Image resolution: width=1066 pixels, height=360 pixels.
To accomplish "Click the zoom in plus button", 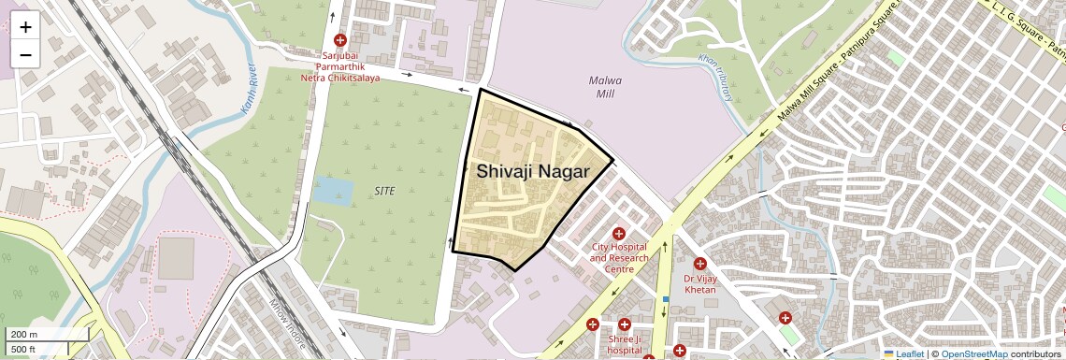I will (25, 26).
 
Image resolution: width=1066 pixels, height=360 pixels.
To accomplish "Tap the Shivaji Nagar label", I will (533, 172).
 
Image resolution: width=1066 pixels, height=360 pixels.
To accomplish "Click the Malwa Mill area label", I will (605, 87).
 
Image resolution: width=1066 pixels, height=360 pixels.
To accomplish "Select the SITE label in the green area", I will (383, 191).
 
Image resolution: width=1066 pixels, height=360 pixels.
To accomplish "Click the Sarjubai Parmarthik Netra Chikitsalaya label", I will (340, 67).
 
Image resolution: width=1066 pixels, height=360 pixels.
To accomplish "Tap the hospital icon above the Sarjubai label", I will (340, 40).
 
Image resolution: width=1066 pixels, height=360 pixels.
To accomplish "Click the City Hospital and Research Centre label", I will (619, 258).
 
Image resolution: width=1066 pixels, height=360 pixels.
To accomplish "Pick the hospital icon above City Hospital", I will (618, 233).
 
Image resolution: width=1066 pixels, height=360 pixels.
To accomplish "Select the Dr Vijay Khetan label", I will (699, 284).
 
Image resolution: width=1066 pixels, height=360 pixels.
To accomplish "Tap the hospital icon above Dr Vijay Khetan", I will (699, 265).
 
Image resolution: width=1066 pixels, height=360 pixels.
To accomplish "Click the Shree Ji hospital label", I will (625, 345).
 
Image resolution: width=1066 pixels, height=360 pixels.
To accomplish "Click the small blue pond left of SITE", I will (333, 190).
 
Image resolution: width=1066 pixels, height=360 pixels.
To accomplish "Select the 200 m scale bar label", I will (24, 334).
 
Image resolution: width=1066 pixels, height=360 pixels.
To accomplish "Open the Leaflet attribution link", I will (904, 353).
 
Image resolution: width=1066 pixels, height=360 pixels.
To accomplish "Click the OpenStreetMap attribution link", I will (973, 353).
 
